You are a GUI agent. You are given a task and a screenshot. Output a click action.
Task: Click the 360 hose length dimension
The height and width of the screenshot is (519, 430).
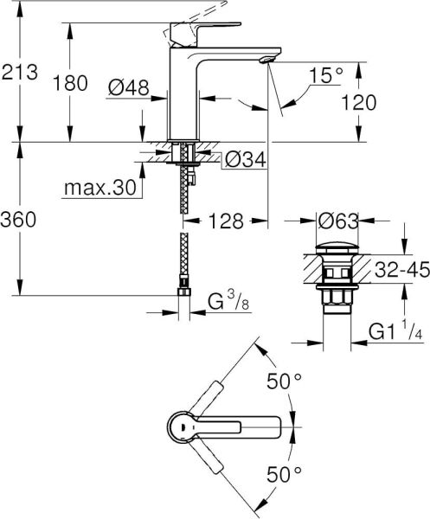click(x=20, y=221)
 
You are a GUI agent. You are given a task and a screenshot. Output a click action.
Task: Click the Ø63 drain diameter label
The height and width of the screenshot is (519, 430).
click(x=337, y=221)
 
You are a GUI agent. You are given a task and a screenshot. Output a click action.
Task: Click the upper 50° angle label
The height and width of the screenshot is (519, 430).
click(x=286, y=381)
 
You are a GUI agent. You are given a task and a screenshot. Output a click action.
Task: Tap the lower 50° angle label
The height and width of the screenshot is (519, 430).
click(x=286, y=473)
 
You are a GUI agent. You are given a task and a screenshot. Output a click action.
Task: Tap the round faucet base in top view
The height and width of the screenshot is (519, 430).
click(x=181, y=427)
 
